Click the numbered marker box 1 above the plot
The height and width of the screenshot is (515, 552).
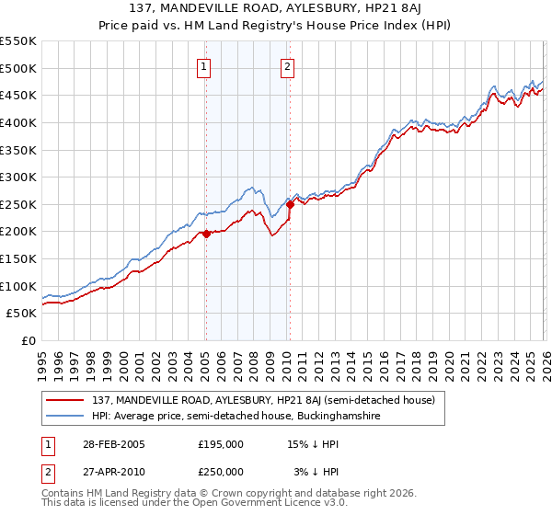click(202, 65)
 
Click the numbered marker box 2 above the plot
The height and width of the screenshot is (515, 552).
click(288, 65)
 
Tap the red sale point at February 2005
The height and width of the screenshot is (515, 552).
click(206, 234)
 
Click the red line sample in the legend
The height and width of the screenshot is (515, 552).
click(66, 400)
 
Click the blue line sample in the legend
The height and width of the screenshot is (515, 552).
click(66, 416)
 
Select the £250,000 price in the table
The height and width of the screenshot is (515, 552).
click(221, 471)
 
